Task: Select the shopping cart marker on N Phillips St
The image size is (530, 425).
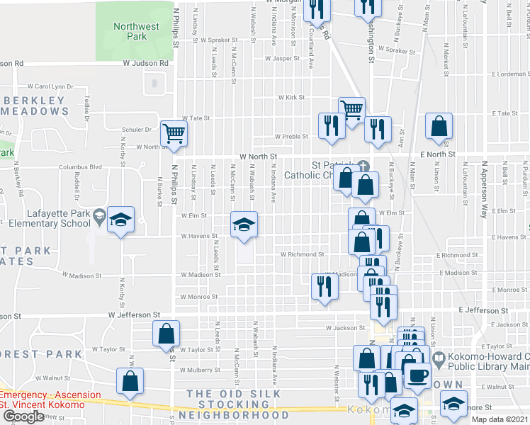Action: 174,132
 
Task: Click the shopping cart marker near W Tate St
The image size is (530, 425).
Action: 351,110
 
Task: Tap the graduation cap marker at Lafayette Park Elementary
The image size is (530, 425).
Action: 121,220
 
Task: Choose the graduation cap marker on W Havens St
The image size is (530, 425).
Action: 243,225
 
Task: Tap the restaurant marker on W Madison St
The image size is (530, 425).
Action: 325,285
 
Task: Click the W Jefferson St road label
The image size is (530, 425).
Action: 134,314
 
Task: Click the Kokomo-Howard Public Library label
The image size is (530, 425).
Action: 482,361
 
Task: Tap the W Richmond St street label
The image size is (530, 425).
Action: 302,254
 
